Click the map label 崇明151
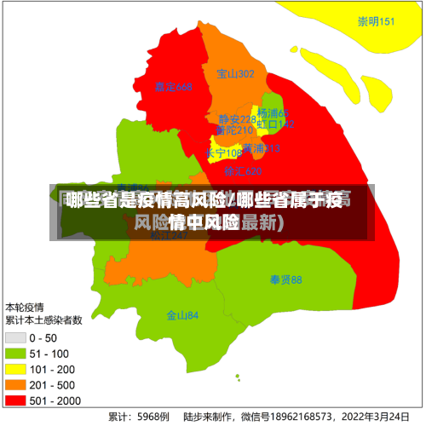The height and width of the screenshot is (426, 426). click(376, 21)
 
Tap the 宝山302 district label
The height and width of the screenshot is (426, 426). click(235, 74)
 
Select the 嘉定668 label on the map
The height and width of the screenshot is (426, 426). click(173, 87)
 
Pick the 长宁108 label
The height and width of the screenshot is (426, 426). click(223, 153)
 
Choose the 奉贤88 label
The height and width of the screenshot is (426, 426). click(285, 279)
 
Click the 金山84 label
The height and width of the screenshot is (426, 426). click(182, 315)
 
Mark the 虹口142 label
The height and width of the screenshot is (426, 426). click(276, 124)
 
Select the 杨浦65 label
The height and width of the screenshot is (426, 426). click(273, 113)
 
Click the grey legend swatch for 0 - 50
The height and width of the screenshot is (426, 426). click(15, 338)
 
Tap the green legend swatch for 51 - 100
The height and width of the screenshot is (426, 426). click(15, 354)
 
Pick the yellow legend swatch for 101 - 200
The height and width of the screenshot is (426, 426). click(15, 369)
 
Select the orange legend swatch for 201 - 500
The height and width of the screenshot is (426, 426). click(15, 384)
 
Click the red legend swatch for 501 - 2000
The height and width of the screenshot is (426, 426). click(15, 400)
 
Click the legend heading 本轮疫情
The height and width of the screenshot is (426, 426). click(26, 306)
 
